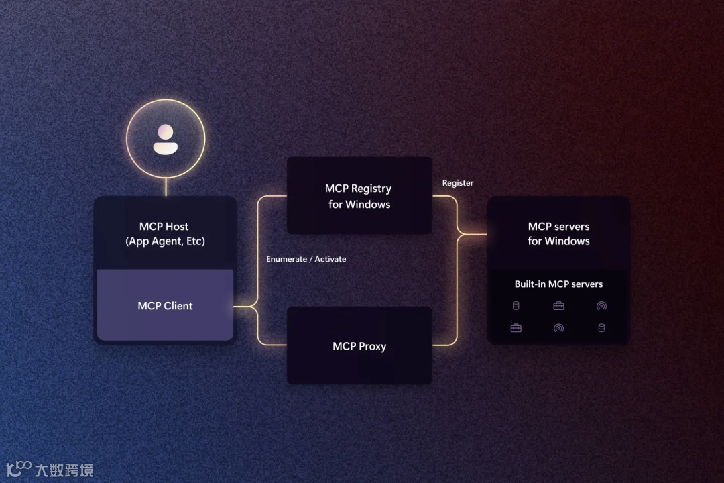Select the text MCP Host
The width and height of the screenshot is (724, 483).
pyautogui.click(x=164, y=227)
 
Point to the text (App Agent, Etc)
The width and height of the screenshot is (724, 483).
pyautogui.click(x=165, y=241)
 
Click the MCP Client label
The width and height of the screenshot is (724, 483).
pyautogui.click(x=165, y=306)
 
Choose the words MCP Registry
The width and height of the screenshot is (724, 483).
pyautogui.click(x=358, y=189)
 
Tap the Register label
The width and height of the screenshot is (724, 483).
pyautogui.click(x=458, y=183)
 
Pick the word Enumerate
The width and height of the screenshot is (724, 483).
pyautogui.click(x=286, y=259)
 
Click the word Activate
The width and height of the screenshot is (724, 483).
pyautogui.click(x=330, y=259)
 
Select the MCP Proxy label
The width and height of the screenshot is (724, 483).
pyautogui.click(x=359, y=346)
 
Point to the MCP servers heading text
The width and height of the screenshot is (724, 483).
pyautogui.click(x=558, y=227)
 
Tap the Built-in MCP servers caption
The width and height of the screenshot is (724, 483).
pyautogui.click(x=558, y=284)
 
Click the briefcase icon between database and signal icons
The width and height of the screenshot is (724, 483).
pyautogui.click(x=558, y=306)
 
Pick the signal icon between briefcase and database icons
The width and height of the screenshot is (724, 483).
pyautogui.click(x=558, y=328)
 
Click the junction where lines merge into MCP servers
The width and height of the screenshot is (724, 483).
pyautogui.click(x=460, y=235)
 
